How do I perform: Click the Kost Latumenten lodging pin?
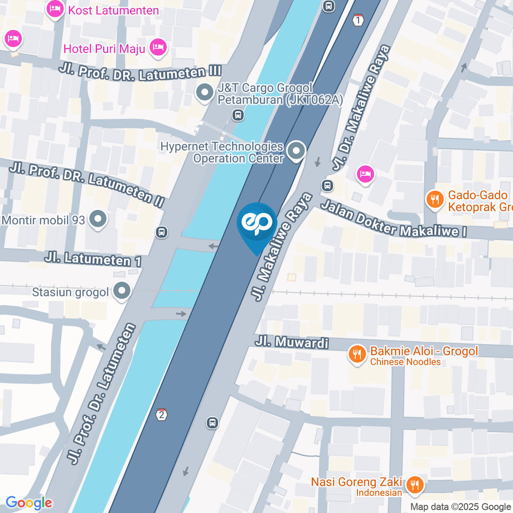[55, 9]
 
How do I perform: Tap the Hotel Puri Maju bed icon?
[158, 48]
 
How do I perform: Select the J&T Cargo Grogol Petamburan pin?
[204, 93]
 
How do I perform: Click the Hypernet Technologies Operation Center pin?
[295, 151]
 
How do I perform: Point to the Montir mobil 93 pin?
[97, 219]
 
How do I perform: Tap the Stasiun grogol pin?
[122, 292]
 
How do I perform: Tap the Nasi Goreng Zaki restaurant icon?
[414, 485]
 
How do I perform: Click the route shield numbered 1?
[357, 20]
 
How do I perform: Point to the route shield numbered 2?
[162, 415]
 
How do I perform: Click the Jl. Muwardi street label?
[291, 342]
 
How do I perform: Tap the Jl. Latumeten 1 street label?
[94, 259]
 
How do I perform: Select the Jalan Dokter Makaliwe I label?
[394, 219]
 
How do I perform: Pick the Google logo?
[29, 502]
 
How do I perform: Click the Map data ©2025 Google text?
[460, 507]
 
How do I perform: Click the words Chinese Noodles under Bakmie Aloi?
[406, 362]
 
